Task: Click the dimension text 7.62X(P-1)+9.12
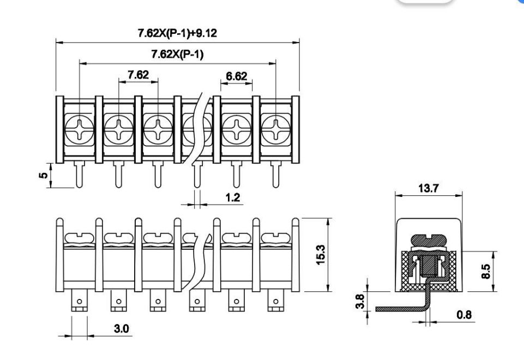tap(177, 33)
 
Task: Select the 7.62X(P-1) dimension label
tap(177, 54)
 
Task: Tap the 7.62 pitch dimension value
tap(138, 75)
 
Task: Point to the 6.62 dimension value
tap(236, 76)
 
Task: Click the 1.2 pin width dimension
tap(233, 197)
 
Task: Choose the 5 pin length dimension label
tap(44, 175)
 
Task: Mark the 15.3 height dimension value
tap(321, 255)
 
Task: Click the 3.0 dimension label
tap(121, 328)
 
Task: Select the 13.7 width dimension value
tap(429, 188)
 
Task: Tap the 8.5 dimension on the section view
tap(486, 271)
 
